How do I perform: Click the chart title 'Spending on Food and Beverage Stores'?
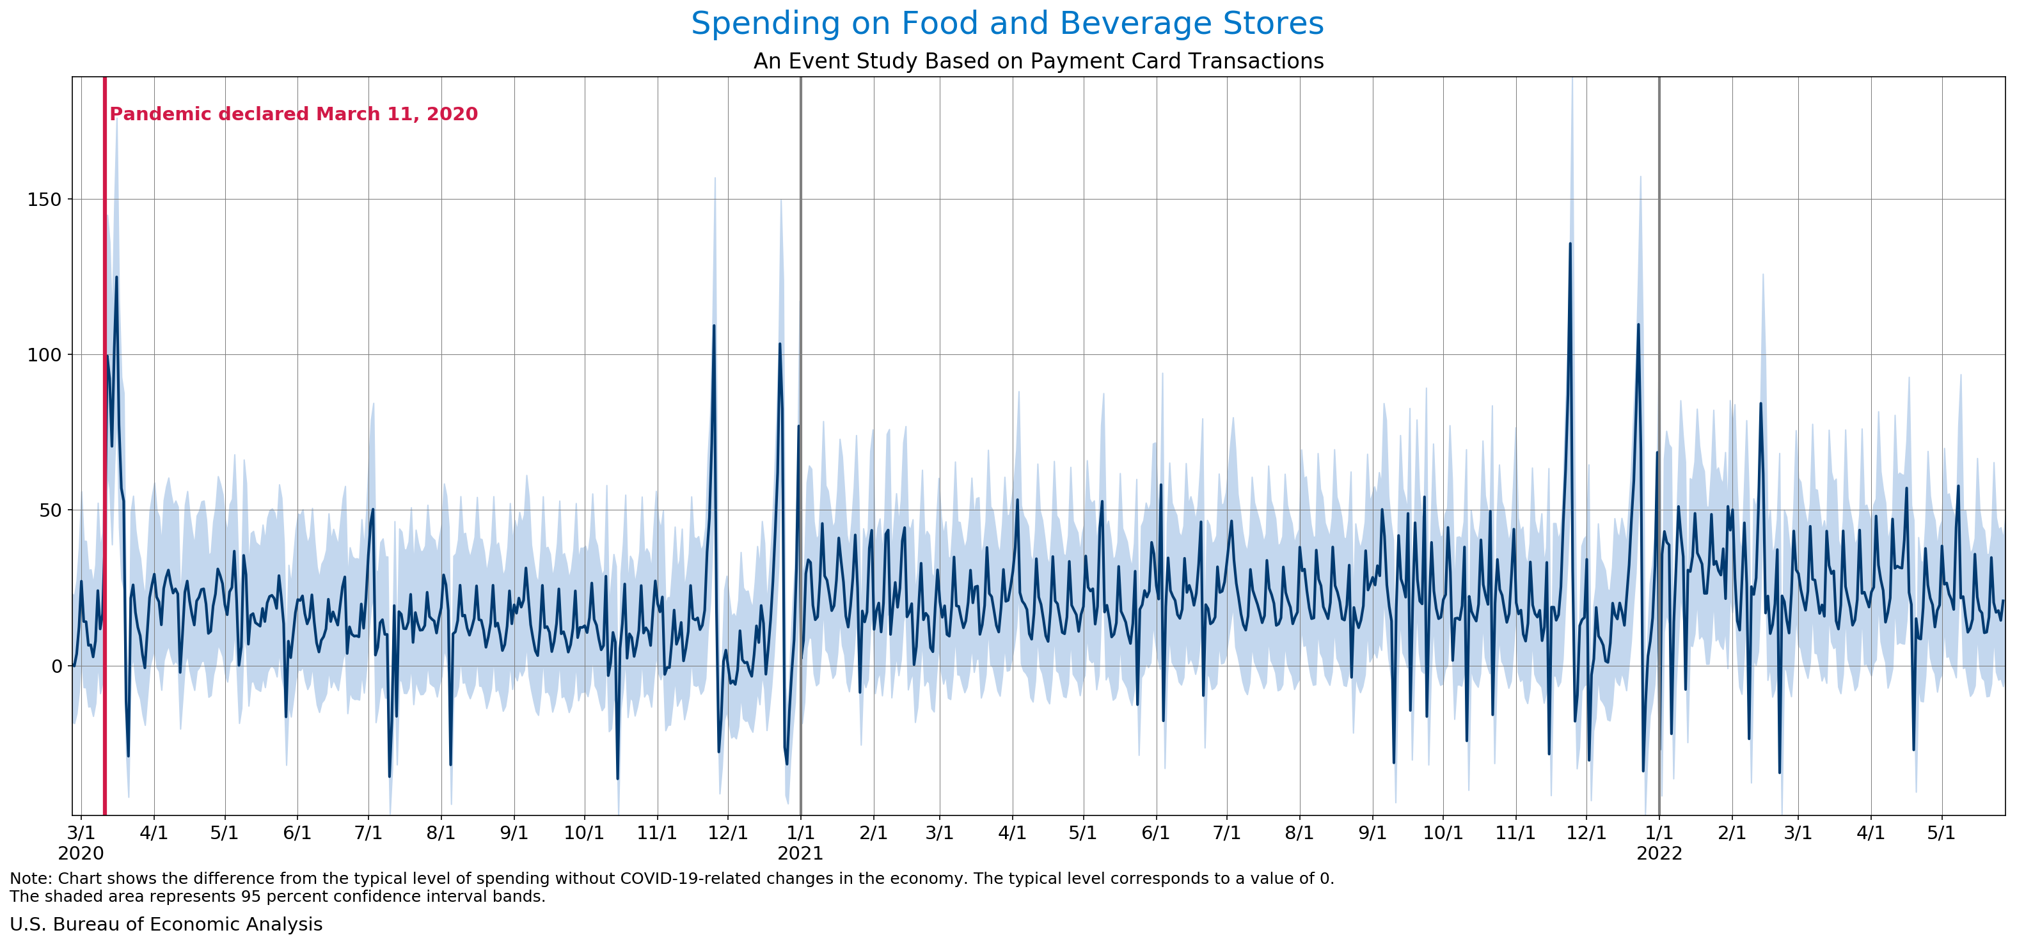(x=1007, y=24)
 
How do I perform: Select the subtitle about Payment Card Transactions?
(x=1038, y=61)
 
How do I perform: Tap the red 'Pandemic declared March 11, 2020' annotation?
(x=294, y=114)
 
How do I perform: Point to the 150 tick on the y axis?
(x=44, y=200)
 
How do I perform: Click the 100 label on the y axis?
(x=44, y=354)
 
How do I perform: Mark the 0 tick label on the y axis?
(x=56, y=666)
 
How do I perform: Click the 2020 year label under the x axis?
(x=81, y=853)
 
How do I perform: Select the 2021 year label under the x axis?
(x=800, y=853)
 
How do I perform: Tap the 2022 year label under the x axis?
(x=1659, y=853)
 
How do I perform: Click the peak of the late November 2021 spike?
(x=1570, y=244)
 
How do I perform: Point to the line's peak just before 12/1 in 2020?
(x=713, y=326)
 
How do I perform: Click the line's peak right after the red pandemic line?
(x=116, y=277)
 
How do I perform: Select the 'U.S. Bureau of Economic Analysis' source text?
(x=166, y=924)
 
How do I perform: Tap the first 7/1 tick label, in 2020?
(x=368, y=833)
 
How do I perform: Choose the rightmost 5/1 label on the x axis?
(x=1941, y=833)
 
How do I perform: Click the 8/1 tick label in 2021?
(x=1300, y=833)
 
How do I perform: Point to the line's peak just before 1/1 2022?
(x=1638, y=325)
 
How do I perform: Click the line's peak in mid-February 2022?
(x=1761, y=404)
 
